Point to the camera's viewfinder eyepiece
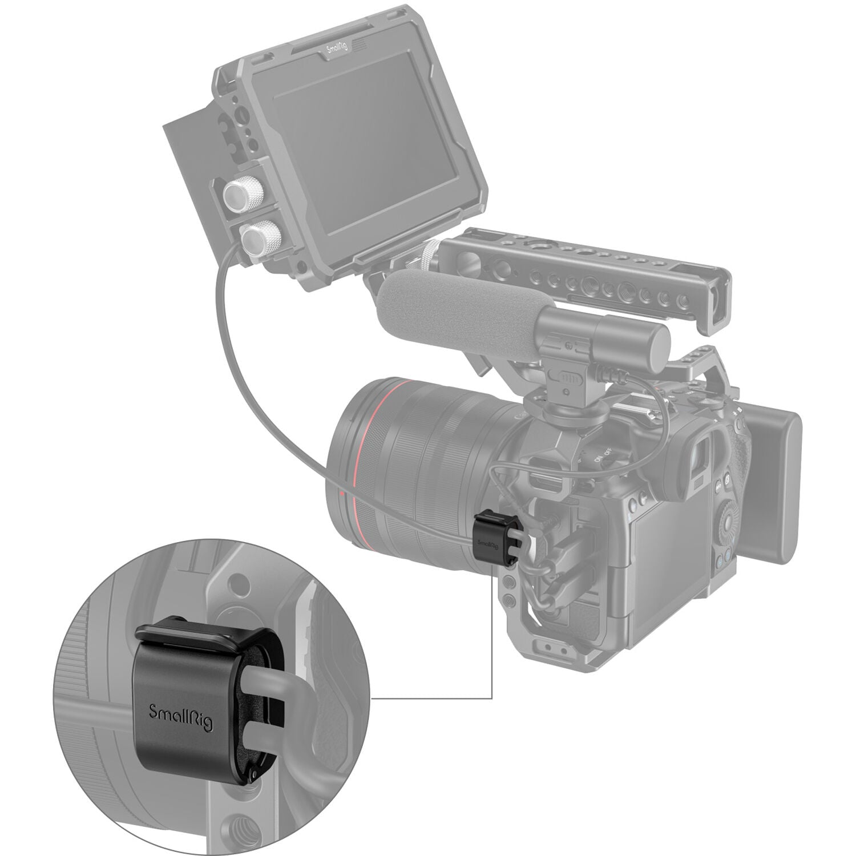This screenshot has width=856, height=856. click(x=702, y=457)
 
